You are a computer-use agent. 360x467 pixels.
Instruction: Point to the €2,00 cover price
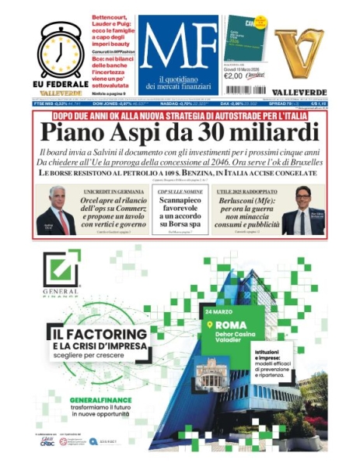[233, 75]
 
